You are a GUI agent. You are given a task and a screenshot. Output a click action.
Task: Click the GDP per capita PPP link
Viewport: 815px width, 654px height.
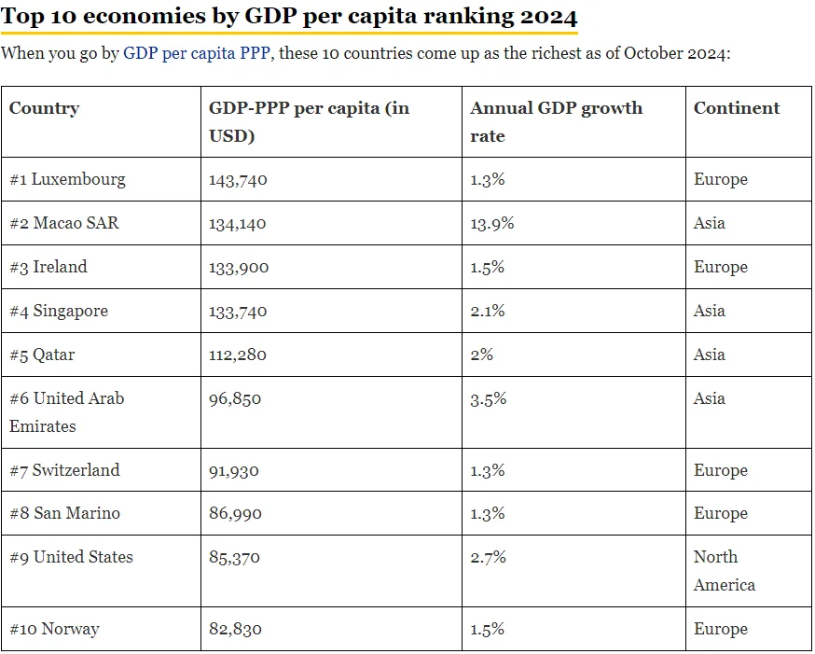point(197,53)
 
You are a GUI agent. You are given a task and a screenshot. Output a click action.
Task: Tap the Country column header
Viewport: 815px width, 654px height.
point(44,107)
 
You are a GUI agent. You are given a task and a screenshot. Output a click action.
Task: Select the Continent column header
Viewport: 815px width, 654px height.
point(737,107)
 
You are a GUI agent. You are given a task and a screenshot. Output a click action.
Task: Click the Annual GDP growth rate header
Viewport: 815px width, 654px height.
point(556,121)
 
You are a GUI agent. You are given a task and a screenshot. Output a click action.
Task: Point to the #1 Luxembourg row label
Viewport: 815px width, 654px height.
point(67,179)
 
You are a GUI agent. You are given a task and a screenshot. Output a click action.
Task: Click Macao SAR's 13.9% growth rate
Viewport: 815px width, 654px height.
point(491,223)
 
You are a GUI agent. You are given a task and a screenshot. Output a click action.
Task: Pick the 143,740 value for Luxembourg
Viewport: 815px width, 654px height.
point(238,180)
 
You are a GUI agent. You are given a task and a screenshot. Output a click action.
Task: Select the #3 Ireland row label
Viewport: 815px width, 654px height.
point(48,267)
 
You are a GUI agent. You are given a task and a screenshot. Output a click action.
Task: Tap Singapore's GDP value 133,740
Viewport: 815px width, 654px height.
point(238,312)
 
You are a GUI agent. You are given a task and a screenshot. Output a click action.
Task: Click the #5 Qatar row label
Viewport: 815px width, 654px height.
point(42,355)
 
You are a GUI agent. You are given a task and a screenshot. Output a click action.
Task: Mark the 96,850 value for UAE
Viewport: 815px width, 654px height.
point(235,399)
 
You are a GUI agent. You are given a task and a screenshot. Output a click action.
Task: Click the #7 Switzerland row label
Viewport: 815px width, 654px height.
point(64,470)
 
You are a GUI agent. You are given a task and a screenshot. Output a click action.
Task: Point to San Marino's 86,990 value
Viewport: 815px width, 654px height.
point(235,514)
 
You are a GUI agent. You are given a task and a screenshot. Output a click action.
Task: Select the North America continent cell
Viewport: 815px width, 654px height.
point(724,571)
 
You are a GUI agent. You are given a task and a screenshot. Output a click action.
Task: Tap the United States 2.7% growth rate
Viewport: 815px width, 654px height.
point(488,557)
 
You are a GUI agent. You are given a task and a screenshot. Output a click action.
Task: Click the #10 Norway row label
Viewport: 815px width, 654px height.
point(54,629)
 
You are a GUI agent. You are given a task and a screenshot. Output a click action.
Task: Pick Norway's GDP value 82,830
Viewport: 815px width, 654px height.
point(235,629)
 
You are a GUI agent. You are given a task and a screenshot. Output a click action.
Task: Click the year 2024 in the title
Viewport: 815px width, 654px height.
point(549,17)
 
